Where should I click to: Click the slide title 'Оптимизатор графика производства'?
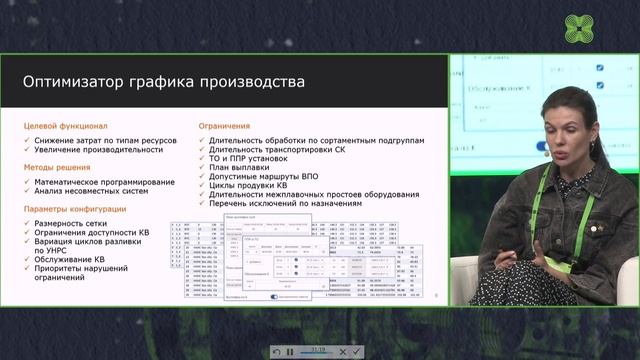164,79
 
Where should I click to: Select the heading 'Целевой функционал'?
66,126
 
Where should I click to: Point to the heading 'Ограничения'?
224,126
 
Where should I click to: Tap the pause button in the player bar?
290,352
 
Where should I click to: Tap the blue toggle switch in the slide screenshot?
276,296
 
